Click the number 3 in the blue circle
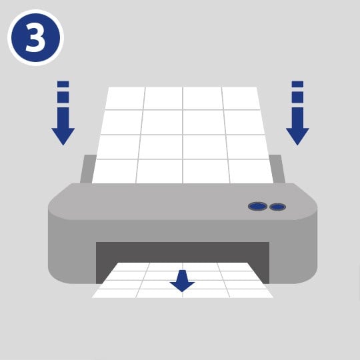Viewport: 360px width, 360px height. pos(35,37)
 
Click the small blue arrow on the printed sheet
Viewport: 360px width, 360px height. pos(182,281)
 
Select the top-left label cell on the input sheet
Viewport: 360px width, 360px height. pos(125,98)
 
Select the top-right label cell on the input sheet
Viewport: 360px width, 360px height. pos(241,98)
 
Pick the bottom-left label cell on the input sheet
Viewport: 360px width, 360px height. pos(115,171)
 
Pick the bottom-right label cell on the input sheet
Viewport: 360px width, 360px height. pos(251,171)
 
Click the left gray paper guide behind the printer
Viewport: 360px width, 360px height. pos(88,169)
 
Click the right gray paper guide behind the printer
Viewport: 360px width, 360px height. pos(277,169)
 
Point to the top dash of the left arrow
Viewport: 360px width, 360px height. pos(63,84)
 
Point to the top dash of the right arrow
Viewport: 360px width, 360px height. pos(297,84)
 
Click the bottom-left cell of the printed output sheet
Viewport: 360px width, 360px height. pos(115,293)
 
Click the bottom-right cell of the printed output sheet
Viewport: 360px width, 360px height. pos(250,293)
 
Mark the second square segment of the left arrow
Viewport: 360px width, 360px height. pos(63,97)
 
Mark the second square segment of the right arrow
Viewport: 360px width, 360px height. pos(297,97)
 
